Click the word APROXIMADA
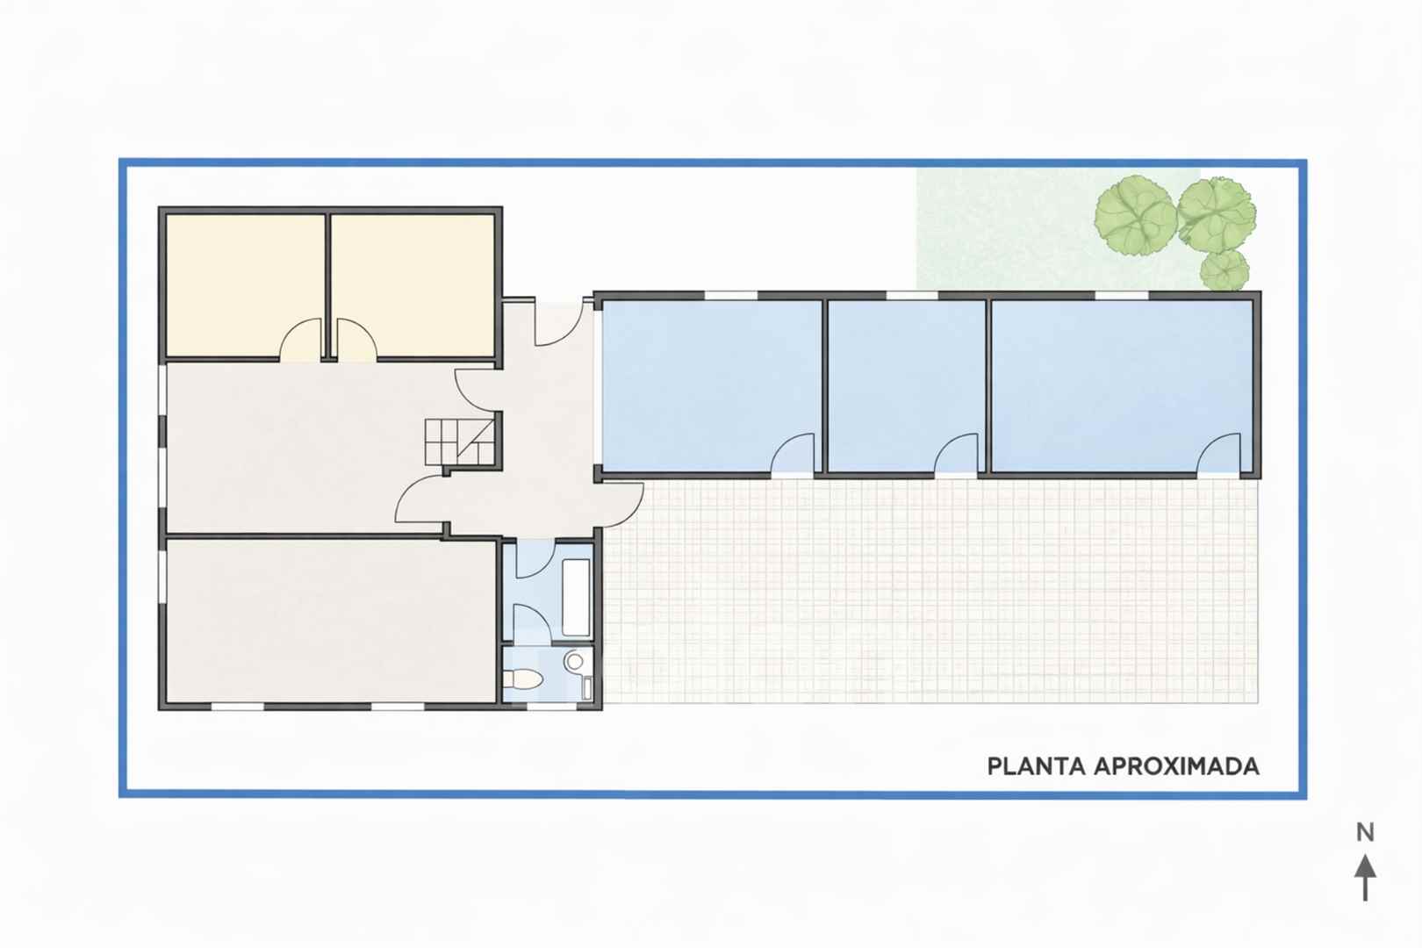click(x=1177, y=766)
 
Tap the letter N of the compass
click(x=1366, y=832)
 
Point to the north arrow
click(x=1366, y=878)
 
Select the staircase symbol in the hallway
click(x=460, y=442)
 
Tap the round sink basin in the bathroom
click(x=575, y=661)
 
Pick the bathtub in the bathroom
click(x=577, y=598)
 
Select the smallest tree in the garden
click(x=1224, y=269)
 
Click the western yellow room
click(x=246, y=286)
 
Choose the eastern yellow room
click(x=413, y=286)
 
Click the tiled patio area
click(x=930, y=591)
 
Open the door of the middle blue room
click(x=956, y=453)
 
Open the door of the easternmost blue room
click(x=1219, y=453)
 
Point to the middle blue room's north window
click(x=912, y=295)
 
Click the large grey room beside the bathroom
click(x=331, y=621)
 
